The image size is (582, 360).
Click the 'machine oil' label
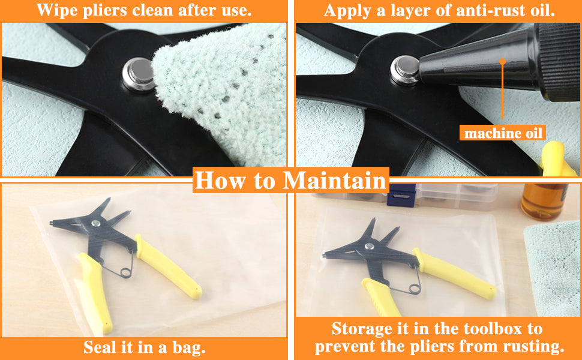coord(503,133)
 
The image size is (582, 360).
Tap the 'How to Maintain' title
coord(290,181)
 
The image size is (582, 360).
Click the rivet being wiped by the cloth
coord(139,74)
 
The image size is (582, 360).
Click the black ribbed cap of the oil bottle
coord(559,61)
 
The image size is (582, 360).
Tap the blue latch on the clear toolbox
coord(400,195)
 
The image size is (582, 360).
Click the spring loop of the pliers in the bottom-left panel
coord(126,273)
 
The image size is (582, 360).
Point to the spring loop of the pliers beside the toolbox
coord(415,288)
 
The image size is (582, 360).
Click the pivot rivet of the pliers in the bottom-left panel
coord(96,223)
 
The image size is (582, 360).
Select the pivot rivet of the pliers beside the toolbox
coord(369,245)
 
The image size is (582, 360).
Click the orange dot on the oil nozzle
coord(503,61)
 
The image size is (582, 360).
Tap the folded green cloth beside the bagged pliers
coord(553,267)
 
